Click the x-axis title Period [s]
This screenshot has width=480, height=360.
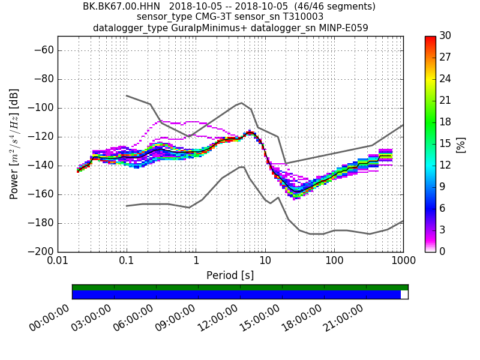[230, 275]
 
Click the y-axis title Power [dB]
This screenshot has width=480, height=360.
[14, 144]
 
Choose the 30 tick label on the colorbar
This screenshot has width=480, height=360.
[445, 36]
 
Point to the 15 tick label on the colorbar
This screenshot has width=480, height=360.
[445, 143]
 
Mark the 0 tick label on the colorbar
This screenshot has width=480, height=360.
[442, 251]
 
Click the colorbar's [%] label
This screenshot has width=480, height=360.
[461, 144]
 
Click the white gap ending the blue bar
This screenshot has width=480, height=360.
[404, 295]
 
